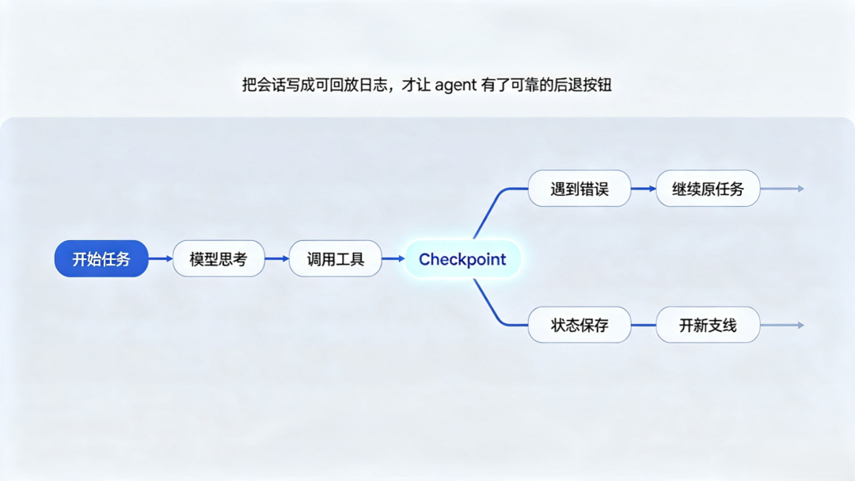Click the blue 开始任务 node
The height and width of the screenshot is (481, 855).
click(101, 259)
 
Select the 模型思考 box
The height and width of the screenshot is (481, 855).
click(218, 259)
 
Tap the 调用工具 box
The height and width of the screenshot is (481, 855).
click(336, 259)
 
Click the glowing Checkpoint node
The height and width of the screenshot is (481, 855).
click(462, 259)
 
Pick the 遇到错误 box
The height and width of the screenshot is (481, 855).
click(579, 189)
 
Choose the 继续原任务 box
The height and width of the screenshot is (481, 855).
click(708, 189)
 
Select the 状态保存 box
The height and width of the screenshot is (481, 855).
click(579, 325)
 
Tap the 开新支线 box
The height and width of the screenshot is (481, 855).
click(708, 325)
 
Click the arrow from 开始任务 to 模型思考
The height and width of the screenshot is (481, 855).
click(161, 259)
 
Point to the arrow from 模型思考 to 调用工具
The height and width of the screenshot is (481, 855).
click(277, 259)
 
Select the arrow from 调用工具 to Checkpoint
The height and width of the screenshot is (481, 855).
click(393, 259)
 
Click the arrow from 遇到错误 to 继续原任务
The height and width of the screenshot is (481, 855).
click(644, 189)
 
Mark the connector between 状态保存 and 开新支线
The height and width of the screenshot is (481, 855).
click(644, 325)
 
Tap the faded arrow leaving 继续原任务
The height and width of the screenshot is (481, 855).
click(782, 189)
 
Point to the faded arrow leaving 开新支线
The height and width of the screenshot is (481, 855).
click(782, 325)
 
